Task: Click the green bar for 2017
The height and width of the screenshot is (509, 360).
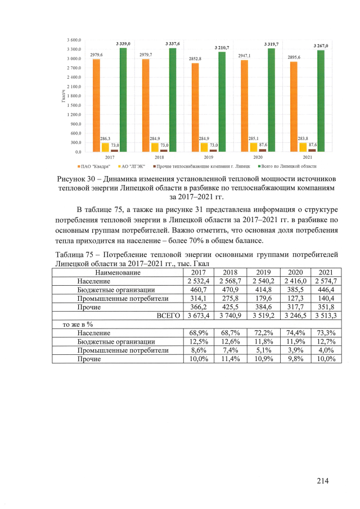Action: pos(123,100)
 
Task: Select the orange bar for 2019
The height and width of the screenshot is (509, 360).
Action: pos(196,107)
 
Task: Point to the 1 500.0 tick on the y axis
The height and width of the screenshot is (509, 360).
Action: pos(74,105)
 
